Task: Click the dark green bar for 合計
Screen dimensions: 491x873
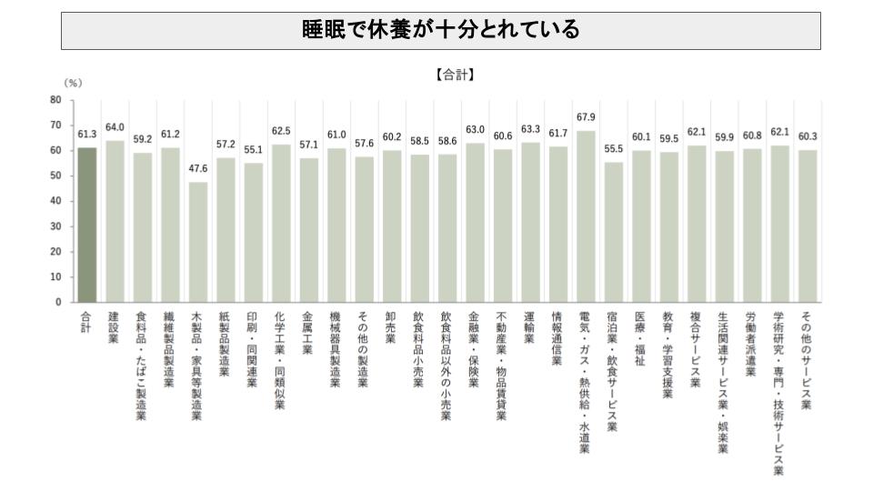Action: pyautogui.click(x=87, y=224)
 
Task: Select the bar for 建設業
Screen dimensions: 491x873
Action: pyautogui.click(x=115, y=221)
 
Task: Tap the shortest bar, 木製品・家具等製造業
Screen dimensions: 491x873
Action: pyautogui.click(x=198, y=242)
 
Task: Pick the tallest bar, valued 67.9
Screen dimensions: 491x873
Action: pyautogui.click(x=585, y=215)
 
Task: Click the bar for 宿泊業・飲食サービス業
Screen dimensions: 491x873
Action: pyautogui.click(x=613, y=231)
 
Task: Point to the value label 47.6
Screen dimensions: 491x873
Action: pyautogui.click(x=198, y=170)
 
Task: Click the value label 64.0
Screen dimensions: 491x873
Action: pyautogui.click(x=115, y=128)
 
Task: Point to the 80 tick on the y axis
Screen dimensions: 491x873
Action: pyautogui.click(x=56, y=99)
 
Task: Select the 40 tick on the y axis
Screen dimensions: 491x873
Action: pyautogui.click(x=56, y=200)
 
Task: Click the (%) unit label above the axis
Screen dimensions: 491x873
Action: pyautogui.click(x=72, y=83)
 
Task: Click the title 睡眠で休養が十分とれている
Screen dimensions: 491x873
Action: pyautogui.click(x=441, y=31)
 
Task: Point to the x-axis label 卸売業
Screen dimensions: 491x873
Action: pyautogui.click(x=391, y=327)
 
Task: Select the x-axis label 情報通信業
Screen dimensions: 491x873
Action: pyautogui.click(x=557, y=340)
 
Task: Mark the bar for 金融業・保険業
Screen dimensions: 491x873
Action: pyautogui.click(x=474, y=222)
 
